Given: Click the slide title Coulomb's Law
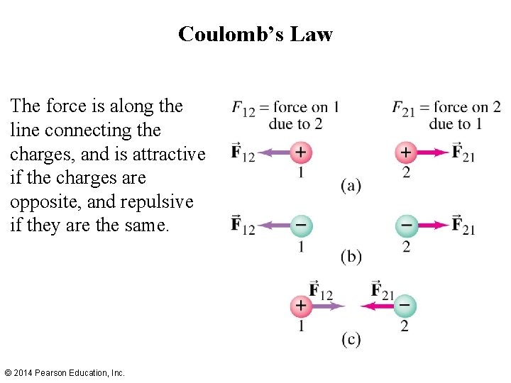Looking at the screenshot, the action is [255, 33].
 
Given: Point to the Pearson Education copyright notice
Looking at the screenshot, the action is [65, 372].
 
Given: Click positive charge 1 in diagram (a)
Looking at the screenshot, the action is [301, 152].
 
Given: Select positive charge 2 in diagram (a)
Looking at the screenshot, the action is [405, 152].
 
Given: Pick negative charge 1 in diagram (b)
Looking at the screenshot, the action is [301, 226].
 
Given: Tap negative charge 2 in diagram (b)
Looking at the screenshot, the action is [405, 226].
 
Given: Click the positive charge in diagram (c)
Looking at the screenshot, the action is [301, 306].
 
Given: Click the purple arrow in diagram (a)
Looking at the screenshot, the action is [273, 152].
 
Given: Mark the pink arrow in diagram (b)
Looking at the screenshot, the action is [431, 226].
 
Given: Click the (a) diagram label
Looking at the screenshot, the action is [351, 186].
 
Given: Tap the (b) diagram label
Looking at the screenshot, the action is [351, 256].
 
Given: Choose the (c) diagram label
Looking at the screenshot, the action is [351, 339].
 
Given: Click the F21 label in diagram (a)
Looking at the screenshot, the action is [463, 152].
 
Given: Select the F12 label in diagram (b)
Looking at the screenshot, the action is [243, 226].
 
